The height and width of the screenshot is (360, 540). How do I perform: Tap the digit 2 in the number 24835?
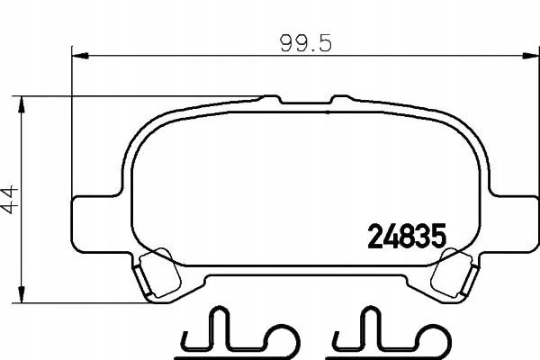click(373, 238)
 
